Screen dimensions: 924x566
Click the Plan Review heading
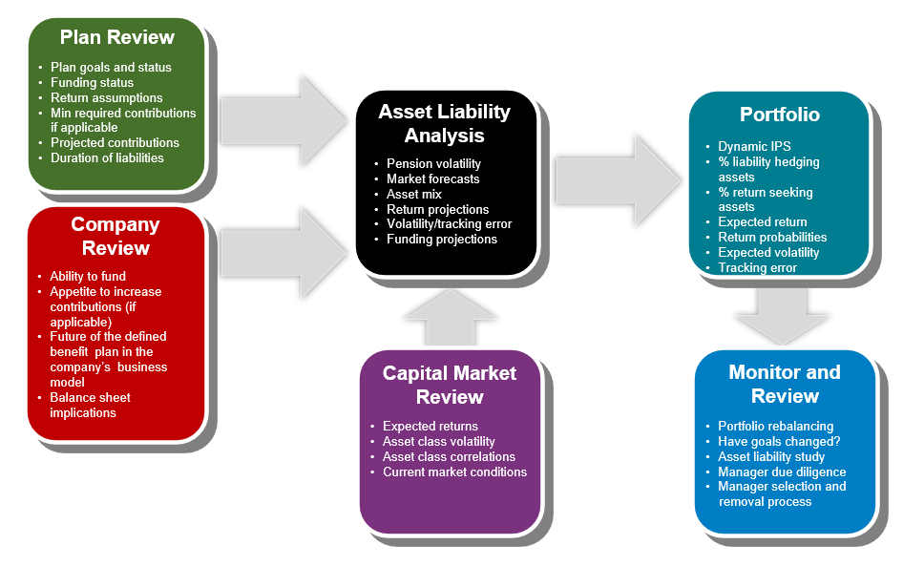(117, 37)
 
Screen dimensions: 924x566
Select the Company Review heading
(115, 236)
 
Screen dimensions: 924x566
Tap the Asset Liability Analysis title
(444, 123)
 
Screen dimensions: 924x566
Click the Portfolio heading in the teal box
(780, 115)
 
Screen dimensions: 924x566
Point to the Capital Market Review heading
(450, 385)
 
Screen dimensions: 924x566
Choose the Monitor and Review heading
(785, 384)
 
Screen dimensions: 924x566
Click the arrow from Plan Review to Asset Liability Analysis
(284, 120)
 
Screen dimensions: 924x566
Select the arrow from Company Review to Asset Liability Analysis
(284, 253)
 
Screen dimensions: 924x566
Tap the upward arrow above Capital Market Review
(451, 318)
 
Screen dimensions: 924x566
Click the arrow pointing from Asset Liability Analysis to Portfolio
(619, 180)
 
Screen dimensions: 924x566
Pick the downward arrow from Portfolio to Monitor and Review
(782, 317)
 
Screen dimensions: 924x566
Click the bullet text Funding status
(92, 82)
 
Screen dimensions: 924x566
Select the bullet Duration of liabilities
(107, 157)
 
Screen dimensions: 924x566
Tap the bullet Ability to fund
(88, 276)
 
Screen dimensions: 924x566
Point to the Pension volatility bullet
(433, 164)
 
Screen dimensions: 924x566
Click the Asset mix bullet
(414, 195)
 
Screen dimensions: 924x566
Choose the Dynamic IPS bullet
(754, 146)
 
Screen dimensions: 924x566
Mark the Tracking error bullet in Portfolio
(757, 267)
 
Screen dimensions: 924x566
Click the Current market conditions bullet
(455, 472)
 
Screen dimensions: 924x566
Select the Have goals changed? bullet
(779, 441)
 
